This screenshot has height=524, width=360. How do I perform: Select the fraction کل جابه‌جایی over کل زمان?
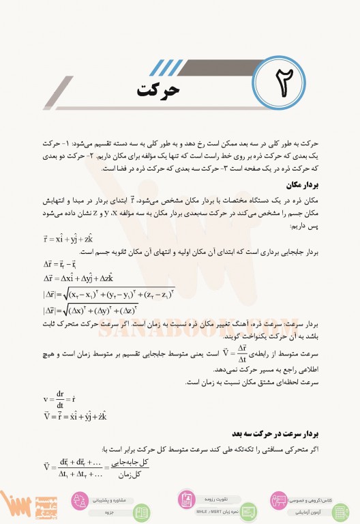(x=138, y=467)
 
